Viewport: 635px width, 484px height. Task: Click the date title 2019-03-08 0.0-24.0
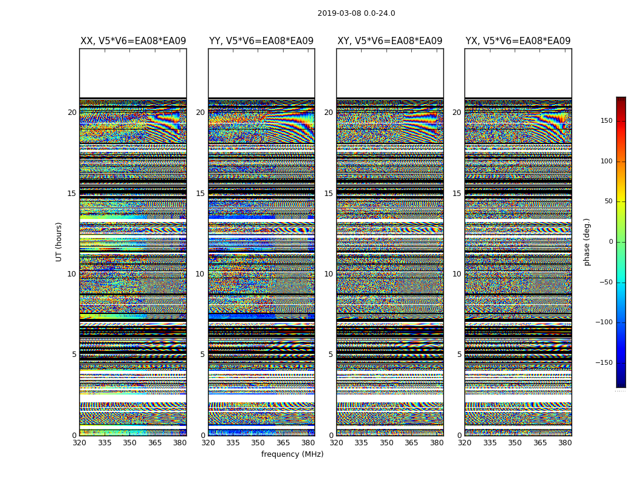[356, 13]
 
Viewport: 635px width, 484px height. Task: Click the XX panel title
[133, 41]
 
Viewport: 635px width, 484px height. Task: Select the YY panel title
[261, 41]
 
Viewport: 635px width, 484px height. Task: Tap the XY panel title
[389, 41]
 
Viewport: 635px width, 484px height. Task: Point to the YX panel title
[518, 41]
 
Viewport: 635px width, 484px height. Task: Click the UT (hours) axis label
[59, 241]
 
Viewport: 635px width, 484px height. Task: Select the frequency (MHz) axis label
[292, 454]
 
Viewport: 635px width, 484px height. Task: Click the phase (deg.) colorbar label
[587, 241]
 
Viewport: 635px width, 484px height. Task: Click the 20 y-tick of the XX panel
[72, 113]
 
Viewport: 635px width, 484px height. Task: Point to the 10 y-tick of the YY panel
[200, 274]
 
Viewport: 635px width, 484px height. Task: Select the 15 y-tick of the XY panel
[328, 194]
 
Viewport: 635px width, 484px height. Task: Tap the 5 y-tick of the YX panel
[459, 355]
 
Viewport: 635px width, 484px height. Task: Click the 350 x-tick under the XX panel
[129, 443]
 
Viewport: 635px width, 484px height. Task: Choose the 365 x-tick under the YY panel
[283, 443]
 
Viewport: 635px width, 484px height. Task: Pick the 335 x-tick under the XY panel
[361, 443]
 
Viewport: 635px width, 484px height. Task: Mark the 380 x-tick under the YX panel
[565, 443]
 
